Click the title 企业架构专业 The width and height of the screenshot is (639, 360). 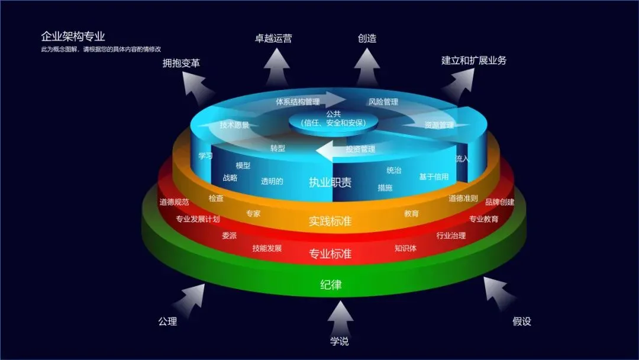click(73, 37)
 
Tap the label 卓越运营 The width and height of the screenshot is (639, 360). click(273, 38)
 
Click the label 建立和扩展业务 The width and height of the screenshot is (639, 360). click(473, 60)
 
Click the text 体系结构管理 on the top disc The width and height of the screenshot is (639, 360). click(298, 102)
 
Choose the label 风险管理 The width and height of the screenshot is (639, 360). click(383, 102)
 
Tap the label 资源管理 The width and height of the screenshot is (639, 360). click(438, 125)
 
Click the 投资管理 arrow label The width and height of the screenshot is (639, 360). click(360, 149)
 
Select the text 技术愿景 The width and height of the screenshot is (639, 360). click(234, 125)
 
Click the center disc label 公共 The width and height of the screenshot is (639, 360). click(334, 114)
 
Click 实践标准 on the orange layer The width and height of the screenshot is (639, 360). click(330, 221)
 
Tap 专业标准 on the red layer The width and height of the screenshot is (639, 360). click(330, 254)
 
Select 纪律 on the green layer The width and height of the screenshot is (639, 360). click(331, 285)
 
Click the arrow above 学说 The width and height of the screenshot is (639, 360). click(340, 318)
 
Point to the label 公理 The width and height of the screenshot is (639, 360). click(167, 322)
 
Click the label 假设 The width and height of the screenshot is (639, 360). click(521, 322)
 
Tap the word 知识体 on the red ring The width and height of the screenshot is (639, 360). click(405, 248)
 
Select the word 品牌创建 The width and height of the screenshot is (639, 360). click(499, 202)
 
